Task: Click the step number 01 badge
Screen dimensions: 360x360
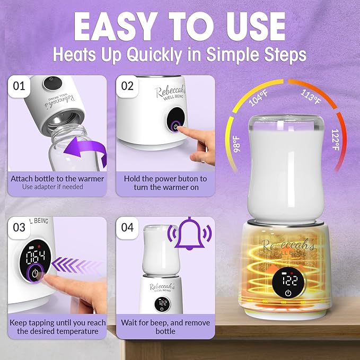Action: [20, 86]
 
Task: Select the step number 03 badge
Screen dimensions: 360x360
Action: [20, 227]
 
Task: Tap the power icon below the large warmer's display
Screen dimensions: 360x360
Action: [287, 293]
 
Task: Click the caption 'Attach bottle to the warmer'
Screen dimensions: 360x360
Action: [57, 179]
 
